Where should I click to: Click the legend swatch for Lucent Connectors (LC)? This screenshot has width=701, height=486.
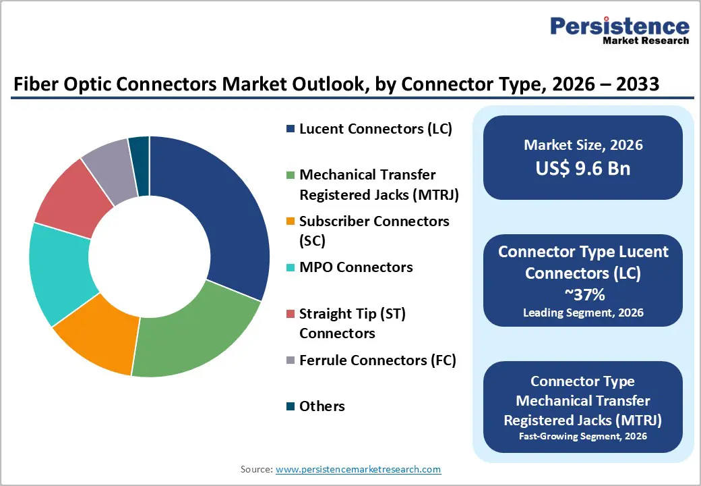pos(290,129)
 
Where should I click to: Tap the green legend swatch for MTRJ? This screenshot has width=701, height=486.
pos(290,175)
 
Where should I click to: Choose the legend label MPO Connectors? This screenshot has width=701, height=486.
pos(355,267)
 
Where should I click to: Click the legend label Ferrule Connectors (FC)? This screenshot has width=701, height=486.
pos(377,360)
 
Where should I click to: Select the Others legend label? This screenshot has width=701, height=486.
pos(322,406)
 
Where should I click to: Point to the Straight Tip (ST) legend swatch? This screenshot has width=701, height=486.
pos(290,314)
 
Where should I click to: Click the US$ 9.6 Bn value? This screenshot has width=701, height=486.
pos(583,169)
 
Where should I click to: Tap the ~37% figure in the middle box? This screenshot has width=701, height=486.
pos(583,294)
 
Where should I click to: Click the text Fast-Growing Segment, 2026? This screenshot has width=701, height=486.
pos(583,437)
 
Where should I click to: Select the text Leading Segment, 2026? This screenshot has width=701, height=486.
pos(583,313)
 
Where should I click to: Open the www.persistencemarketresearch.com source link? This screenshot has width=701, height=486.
pos(358,469)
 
